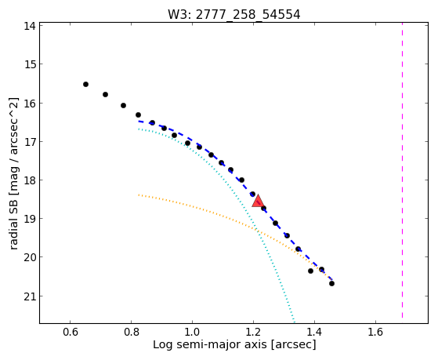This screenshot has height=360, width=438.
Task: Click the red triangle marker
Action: (258, 201)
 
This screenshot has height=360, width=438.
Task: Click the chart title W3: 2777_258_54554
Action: (233, 15)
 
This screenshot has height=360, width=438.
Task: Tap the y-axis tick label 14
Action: (29, 26)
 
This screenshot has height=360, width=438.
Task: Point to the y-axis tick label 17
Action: (29, 141)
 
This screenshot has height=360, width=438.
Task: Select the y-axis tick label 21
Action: (29, 296)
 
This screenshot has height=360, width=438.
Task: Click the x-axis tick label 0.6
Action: (70, 332)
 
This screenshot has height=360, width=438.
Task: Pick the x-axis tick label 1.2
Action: (253, 332)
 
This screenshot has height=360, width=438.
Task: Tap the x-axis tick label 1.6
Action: (375, 332)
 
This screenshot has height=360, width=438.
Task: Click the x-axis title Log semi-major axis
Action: (210, 344)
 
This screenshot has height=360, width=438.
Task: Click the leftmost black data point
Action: (85, 84)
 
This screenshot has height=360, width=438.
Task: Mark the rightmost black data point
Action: (332, 283)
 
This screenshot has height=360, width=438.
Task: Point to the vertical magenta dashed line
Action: (402, 170)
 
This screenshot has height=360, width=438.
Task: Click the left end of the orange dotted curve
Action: (139, 195)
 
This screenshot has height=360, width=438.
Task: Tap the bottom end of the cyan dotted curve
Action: (294, 321)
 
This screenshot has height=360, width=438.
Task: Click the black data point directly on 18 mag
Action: (241, 180)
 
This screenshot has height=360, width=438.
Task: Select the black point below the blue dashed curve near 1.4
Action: (310, 271)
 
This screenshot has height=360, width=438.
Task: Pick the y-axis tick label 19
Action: (29, 219)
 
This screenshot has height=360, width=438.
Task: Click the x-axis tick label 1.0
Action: (192, 332)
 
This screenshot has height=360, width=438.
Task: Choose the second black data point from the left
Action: (105, 95)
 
